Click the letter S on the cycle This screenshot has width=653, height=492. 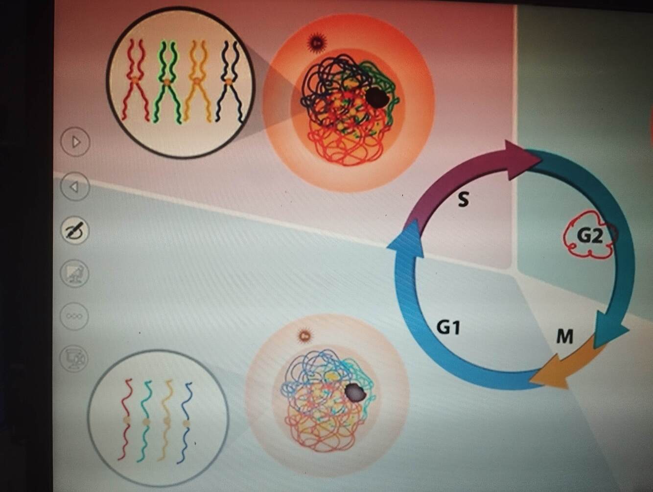point(463,199)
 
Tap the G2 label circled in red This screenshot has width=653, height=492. point(589,236)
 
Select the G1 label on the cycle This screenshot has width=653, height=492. point(448,327)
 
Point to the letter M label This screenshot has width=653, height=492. point(564,337)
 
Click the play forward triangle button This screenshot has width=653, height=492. point(75,142)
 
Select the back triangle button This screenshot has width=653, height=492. point(74,187)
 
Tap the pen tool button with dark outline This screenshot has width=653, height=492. point(75,230)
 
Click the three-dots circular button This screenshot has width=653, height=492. point(74,316)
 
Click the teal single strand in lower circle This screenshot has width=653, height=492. point(145,421)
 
